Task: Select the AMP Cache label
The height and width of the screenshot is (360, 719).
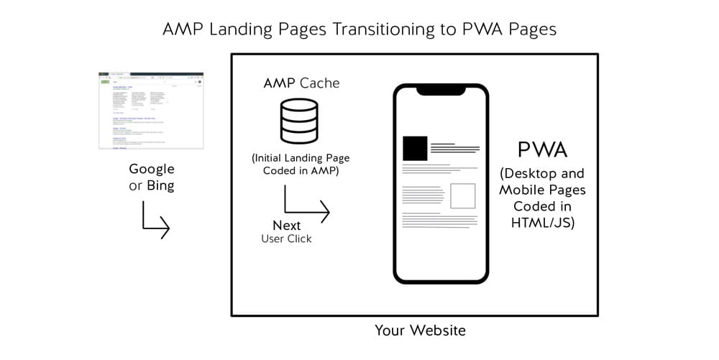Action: (301, 83)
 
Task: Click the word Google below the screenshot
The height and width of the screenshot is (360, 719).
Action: (151, 169)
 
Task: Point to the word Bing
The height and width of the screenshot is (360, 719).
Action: (160, 185)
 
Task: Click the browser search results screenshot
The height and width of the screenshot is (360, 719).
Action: (151, 109)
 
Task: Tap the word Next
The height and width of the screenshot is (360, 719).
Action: (286, 225)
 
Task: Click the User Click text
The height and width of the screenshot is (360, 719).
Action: (286, 239)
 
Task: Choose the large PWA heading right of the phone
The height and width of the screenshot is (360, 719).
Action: (543, 149)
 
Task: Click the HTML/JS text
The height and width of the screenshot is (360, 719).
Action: (543, 222)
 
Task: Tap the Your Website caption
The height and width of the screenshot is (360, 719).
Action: (420, 331)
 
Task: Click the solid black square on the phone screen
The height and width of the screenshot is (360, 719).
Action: (415, 148)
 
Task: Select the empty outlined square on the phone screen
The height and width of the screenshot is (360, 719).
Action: (462, 195)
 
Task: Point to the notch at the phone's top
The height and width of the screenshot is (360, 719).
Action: (441, 91)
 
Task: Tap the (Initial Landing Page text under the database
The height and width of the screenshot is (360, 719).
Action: (301, 157)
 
